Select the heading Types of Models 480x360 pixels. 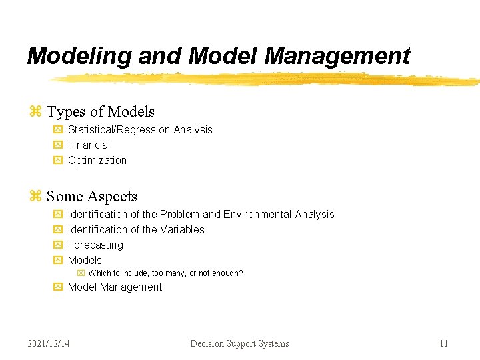tap(101, 112)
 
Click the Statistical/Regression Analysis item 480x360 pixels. tap(140, 129)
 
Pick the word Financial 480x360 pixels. tap(89, 145)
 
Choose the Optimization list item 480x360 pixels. tap(97, 160)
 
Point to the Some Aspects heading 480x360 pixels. tap(92, 196)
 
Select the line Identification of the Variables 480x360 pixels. tap(136, 229)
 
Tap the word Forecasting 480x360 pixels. tap(95, 245)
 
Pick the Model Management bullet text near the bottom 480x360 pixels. tap(115, 287)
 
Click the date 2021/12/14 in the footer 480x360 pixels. tap(49, 343)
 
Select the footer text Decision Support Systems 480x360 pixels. tap(239, 343)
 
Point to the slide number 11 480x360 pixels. tap(443, 343)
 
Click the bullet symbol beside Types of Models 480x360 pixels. tap(35, 112)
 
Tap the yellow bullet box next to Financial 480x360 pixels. tap(57, 145)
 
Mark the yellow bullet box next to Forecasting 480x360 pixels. tap(57, 245)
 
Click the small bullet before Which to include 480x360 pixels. tap(81, 273)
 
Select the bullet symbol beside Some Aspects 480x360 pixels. tap(35, 196)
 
